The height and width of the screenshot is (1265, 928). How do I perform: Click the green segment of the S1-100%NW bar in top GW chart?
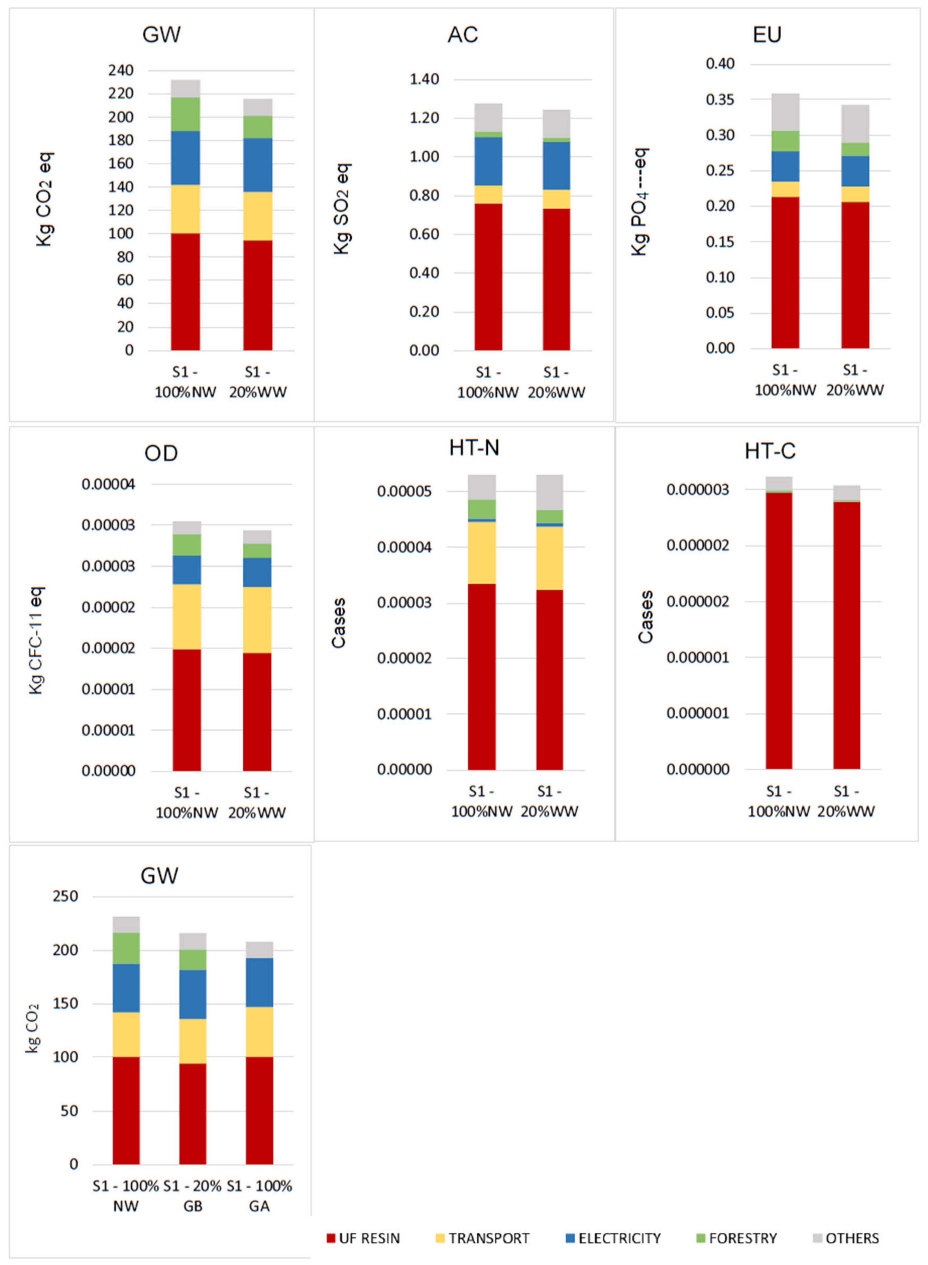tap(185, 114)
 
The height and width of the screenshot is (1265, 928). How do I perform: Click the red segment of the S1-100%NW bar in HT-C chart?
tap(779, 629)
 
